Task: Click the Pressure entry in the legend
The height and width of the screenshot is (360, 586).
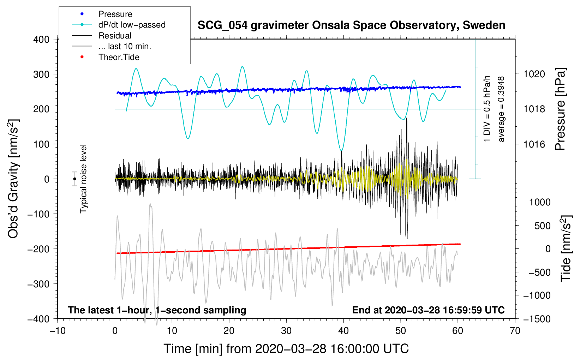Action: click(x=115, y=14)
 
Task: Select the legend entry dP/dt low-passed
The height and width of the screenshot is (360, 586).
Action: click(x=132, y=25)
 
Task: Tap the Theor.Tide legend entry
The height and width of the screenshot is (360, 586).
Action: click(x=119, y=57)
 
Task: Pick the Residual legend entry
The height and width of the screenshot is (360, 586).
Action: click(x=115, y=36)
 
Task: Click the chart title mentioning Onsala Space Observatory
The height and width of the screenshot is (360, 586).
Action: click(x=351, y=25)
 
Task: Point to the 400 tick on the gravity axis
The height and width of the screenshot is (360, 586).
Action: click(x=41, y=40)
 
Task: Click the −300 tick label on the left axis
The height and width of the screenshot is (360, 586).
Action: click(x=38, y=284)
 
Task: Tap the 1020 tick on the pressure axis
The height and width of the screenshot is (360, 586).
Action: click(x=534, y=74)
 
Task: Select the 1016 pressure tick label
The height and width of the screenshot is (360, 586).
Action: click(x=534, y=144)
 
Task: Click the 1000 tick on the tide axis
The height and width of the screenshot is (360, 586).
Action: click(x=539, y=202)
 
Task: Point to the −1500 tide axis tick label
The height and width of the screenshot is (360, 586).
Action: click(x=537, y=319)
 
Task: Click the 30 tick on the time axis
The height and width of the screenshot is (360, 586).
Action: click(x=286, y=331)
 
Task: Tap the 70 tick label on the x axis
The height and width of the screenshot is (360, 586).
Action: click(x=515, y=331)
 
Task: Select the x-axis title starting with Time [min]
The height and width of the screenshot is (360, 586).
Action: click(x=286, y=349)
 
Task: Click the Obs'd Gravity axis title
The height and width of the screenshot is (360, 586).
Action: click(x=13, y=179)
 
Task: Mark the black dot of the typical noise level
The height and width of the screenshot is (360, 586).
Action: click(x=75, y=179)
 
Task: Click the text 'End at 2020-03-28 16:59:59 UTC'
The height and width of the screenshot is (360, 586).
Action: click(x=428, y=310)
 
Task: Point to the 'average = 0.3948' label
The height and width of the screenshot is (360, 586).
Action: click(x=501, y=109)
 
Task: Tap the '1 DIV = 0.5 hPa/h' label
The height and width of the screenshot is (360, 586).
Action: click(x=487, y=109)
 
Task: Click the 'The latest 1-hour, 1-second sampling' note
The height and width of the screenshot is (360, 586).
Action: click(x=157, y=310)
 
